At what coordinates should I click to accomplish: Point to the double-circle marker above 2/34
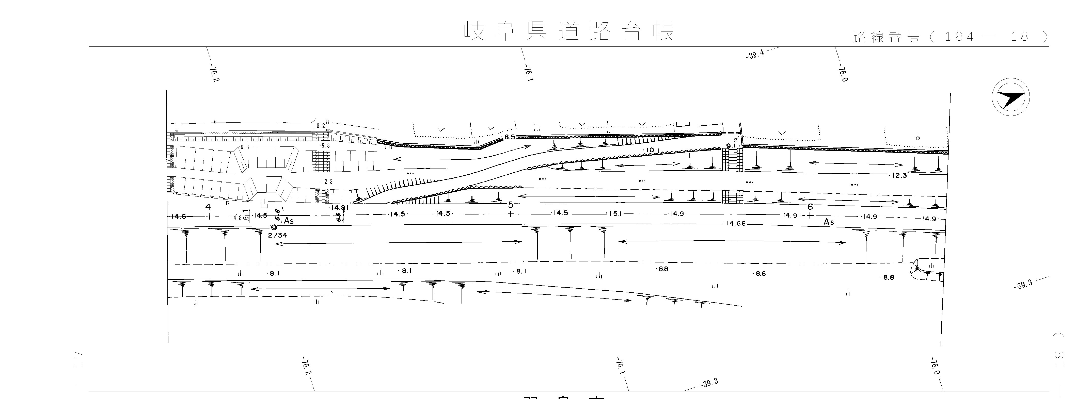(274, 227)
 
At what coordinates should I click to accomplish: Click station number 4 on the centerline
(208, 207)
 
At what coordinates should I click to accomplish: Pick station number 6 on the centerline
(810, 207)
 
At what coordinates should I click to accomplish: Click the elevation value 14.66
(735, 224)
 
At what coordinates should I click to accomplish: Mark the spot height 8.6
(760, 274)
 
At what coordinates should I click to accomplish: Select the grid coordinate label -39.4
(755, 55)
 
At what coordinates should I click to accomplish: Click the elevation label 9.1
(731, 146)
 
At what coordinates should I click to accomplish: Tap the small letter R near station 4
(228, 203)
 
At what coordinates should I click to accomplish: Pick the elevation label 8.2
(321, 126)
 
